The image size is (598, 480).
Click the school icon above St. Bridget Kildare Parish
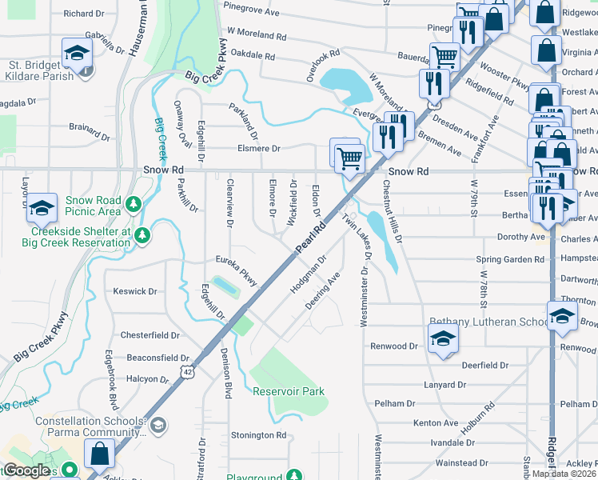77,53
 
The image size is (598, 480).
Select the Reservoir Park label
289,391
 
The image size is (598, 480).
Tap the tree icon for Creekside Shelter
142,234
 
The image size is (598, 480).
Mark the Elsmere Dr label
258,148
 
